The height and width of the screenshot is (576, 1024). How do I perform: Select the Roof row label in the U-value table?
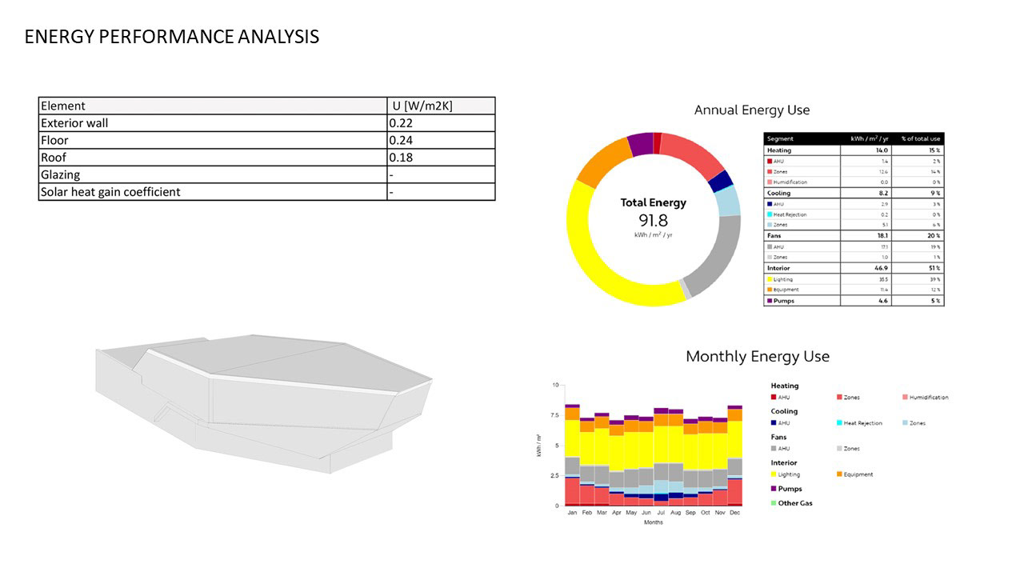(x=54, y=158)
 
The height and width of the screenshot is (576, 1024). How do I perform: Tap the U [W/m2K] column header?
(x=422, y=106)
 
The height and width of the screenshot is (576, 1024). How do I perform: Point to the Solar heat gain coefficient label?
(x=110, y=192)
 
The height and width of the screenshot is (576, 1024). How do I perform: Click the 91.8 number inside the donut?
(x=653, y=221)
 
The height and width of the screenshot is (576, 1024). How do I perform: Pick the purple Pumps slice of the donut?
(x=640, y=144)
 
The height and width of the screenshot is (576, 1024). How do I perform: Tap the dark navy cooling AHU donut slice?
(x=720, y=181)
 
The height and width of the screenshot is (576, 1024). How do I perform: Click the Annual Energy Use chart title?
(x=751, y=110)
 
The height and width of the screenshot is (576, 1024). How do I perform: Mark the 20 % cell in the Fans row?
(x=934, y=236)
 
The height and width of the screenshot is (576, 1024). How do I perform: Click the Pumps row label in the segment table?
(x=784, y=301)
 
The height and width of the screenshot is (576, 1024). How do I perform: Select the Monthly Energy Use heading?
(x=757, y=356)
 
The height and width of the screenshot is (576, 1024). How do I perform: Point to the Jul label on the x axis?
(x=661, y=512)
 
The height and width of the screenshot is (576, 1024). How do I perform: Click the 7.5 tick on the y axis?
(x=554, y=415)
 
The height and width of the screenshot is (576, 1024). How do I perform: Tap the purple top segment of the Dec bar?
(x=734, y=407)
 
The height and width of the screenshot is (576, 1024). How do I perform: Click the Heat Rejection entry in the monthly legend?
(x=862, y=423)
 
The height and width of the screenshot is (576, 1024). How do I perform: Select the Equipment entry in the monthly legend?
(x=858, y=474)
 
